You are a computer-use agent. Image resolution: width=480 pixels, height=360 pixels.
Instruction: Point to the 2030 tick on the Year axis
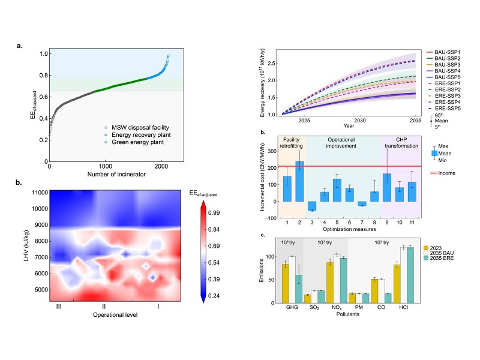coord(359,120)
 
